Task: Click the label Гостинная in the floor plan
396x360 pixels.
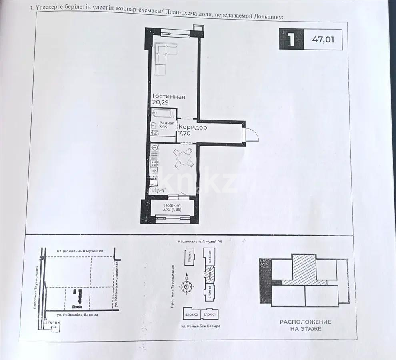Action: point(168,96)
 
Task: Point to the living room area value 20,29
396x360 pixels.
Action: point(160,103)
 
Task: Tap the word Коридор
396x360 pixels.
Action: point(193,127)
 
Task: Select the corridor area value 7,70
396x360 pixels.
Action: point(184,134)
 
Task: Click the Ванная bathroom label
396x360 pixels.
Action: point(166,123)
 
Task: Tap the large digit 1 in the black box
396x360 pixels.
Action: point(291,40)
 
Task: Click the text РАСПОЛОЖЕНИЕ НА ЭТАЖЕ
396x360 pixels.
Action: point(305,325)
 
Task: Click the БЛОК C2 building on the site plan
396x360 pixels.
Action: point(191,315)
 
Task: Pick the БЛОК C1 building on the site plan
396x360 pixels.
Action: point(209,315)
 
